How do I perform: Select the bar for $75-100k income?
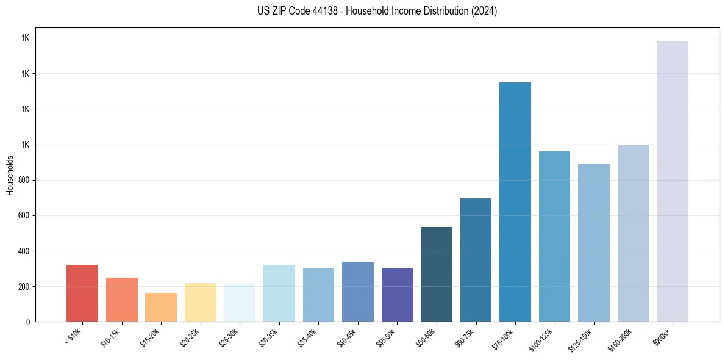pos(515,202)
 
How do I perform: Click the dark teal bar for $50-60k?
pos(437,274)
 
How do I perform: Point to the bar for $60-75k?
pos(476,260)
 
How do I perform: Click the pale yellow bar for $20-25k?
pos(201,302)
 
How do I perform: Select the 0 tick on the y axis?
pos(28,322)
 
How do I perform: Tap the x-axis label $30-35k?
pos(268,337)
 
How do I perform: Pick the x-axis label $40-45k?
pos(347,337)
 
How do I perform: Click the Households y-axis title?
pos(10,175)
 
